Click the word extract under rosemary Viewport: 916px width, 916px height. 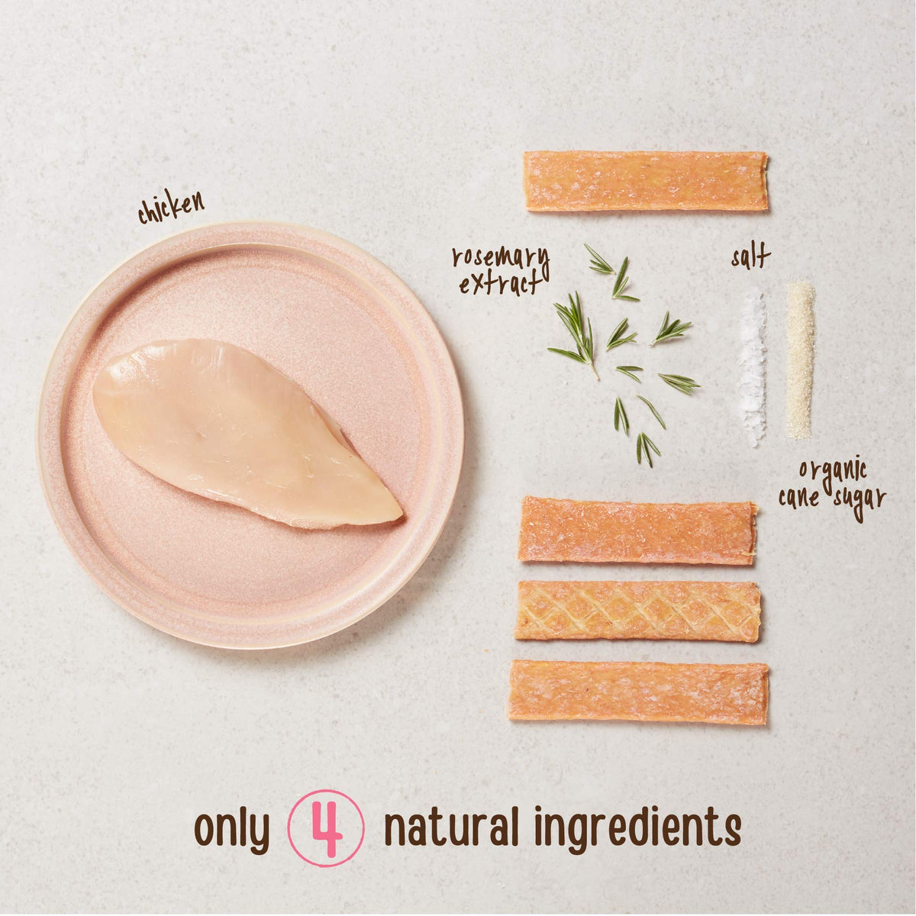point(500,284)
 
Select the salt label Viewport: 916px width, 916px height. point(751,259)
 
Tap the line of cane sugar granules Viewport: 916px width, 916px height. point(801,360)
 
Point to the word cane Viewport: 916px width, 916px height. point(799,498)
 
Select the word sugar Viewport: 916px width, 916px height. point(860,502)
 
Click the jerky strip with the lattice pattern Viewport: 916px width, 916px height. point(638,611)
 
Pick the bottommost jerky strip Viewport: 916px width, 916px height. point(638,692)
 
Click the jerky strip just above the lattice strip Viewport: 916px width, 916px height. point(637,530)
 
